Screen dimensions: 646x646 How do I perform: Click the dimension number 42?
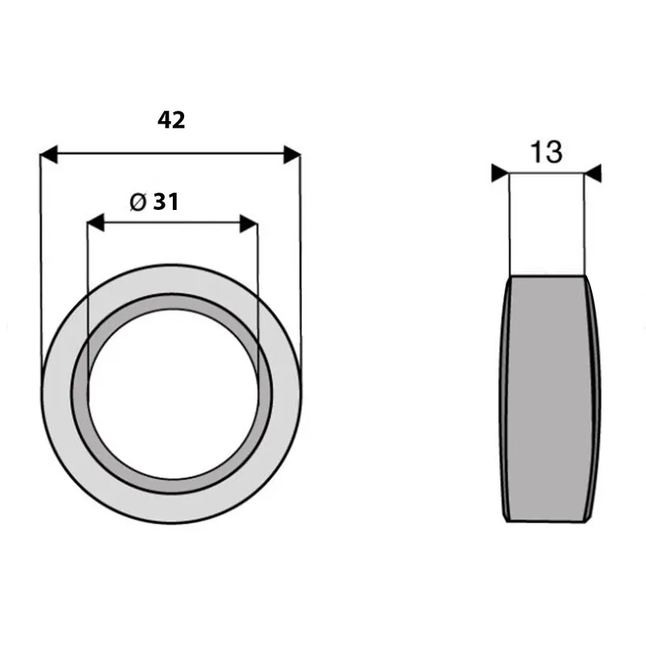171,120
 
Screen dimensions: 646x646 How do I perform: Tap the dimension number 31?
166,202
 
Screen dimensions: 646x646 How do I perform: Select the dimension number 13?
547,152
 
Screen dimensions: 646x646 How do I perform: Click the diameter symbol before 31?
137,203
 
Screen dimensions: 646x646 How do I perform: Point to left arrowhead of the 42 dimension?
48,153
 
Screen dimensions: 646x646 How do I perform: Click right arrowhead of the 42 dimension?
292,154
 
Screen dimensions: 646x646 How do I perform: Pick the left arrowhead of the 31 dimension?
95,223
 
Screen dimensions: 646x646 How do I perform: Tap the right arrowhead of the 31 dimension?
249,224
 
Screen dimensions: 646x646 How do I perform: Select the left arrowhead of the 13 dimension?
500,173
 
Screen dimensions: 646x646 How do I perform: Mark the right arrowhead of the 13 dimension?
593,173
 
